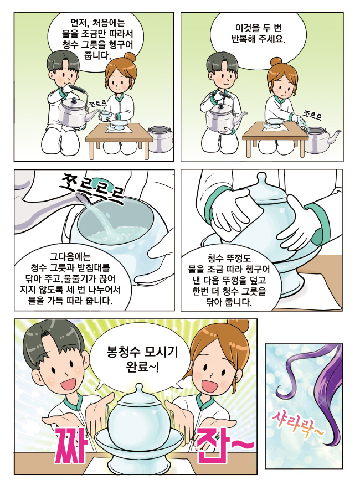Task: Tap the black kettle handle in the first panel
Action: click(x=78, y=89)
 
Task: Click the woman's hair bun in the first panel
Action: click(x=129, y=57)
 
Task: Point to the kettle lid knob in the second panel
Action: click(x=221, y=106)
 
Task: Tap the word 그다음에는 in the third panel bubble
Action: click(x=71, y=256)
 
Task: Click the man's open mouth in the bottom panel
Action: click(x=68, y=383)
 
